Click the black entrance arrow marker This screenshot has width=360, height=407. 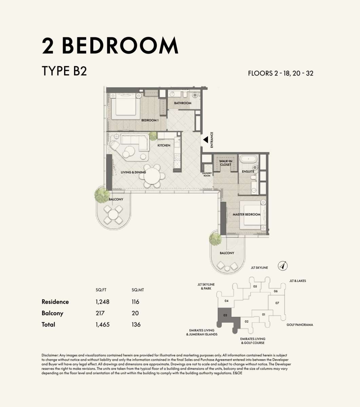coord(206,140)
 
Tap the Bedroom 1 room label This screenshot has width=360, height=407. coord(150,120)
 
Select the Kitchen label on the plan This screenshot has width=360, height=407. coord(164,145)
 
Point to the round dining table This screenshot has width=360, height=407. coord(152,176)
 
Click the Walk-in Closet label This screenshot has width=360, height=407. coord(226,163)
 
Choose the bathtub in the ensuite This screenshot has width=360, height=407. coord(249,159)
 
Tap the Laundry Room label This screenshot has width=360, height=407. coord(207,174)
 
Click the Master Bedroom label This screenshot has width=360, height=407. coord(246,214)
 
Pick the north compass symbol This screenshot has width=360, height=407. coord(283,266)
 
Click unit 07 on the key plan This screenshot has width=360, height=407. coord(277,303)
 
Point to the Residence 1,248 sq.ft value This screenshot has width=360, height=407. coord(102,302)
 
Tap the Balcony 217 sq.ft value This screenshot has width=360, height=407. coord(100,313)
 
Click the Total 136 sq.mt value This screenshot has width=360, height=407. coord(136,325)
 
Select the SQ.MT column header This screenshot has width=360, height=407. coord(138,290)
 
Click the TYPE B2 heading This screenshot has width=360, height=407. coord(64,71)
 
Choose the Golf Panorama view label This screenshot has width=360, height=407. coord(300,325)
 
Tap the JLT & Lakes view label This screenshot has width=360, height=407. coord(298,280)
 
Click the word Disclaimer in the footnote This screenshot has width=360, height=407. coord(50,355)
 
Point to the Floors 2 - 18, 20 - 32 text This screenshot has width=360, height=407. coord(281,73)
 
